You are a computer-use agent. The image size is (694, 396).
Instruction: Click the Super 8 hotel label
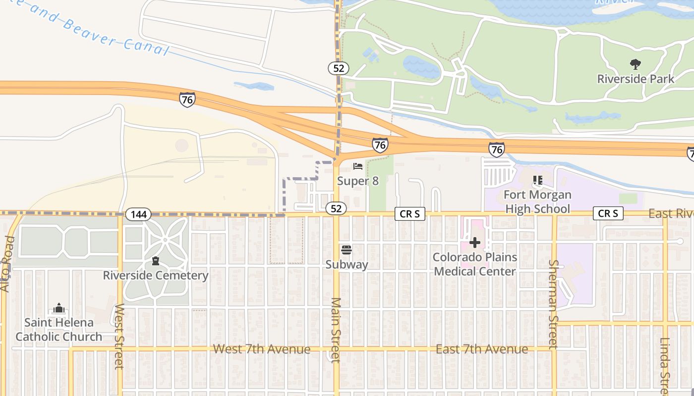[358, 181]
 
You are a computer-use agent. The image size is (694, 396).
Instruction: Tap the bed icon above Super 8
[358, 166]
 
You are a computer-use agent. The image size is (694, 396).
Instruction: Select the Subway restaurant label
[347, 265]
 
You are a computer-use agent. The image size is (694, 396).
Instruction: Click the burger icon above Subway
[347, 250]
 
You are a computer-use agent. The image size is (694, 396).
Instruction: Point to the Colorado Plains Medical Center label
[475, 264]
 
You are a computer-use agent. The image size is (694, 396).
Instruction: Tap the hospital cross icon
[475, 243]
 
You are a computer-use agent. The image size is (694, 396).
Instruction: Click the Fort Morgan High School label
[537, 202]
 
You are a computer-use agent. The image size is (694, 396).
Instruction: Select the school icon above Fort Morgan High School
[537, 180]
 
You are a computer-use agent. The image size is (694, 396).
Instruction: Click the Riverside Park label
[636, 79]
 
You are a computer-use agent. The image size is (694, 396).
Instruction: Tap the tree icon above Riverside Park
[635, 64]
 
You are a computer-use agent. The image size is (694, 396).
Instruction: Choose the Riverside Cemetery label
[155, 276]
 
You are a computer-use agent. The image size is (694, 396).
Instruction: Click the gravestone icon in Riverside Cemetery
[156, 261]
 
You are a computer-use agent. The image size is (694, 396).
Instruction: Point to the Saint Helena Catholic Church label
[58, 330]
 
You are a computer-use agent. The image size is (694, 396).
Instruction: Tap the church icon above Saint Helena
[59, 308]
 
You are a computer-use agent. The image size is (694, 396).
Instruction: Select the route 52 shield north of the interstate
[339, 68]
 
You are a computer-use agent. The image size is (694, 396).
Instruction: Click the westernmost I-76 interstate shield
[187, 99]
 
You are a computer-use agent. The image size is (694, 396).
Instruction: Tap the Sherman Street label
[553, 304]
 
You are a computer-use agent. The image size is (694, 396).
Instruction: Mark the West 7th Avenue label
[261, 349]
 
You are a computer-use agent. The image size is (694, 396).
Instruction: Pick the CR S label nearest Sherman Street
[608, 213]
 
